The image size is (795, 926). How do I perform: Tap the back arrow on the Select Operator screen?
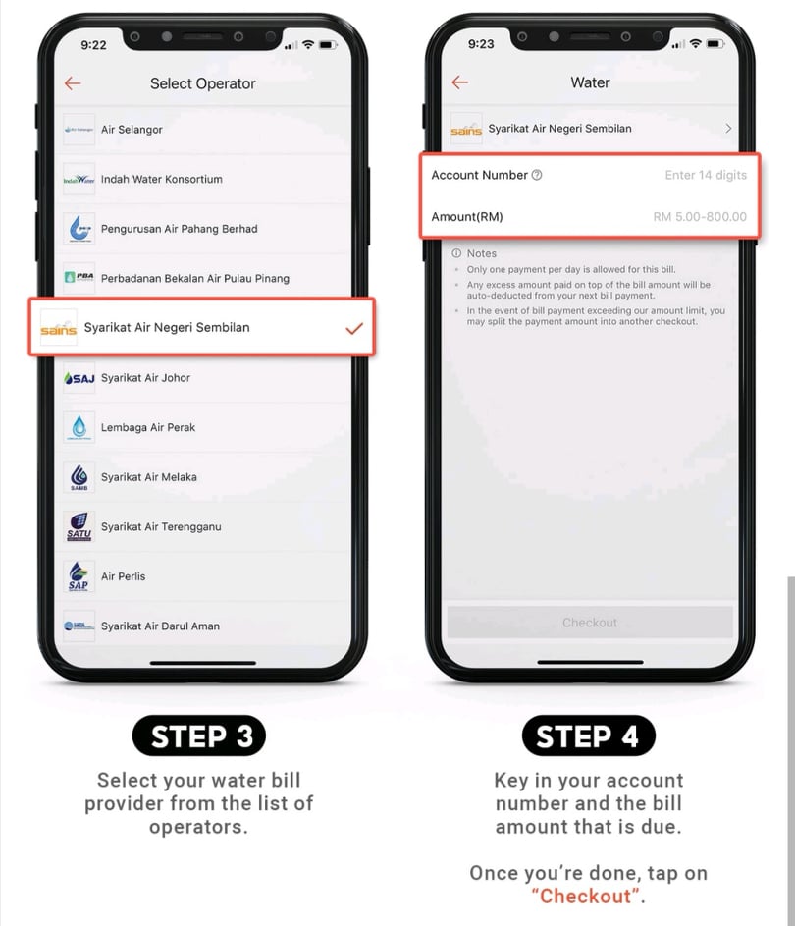click(73, 83)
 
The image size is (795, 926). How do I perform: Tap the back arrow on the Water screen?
click(459, 82)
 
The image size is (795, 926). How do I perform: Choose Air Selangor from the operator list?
click(132, 130)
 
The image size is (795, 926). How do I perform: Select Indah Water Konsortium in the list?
click(162, 179)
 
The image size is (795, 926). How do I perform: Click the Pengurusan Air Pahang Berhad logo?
click(79, 229)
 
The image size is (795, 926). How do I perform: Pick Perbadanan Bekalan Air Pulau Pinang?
click(194, 278)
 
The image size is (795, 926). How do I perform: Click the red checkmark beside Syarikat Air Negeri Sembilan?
click(354, 328)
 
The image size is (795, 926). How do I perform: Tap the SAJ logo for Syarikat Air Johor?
click(79, 378)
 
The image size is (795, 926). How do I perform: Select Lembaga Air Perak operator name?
click(148, 427)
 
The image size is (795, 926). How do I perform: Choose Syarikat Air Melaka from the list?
click(149, 477)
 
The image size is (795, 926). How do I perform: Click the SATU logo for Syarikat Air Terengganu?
click(79, 526)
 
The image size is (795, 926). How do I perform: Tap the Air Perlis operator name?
click(123, 576)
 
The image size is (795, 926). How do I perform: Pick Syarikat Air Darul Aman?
click(160, 626)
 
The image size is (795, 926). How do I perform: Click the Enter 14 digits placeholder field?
click(706, 175)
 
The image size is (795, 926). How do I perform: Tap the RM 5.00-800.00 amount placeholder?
click(700, 217)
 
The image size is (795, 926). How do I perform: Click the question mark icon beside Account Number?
click(537, 175)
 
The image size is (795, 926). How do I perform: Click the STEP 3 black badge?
click(199, 735)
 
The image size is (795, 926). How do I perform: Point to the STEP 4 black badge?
click(589, 735)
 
